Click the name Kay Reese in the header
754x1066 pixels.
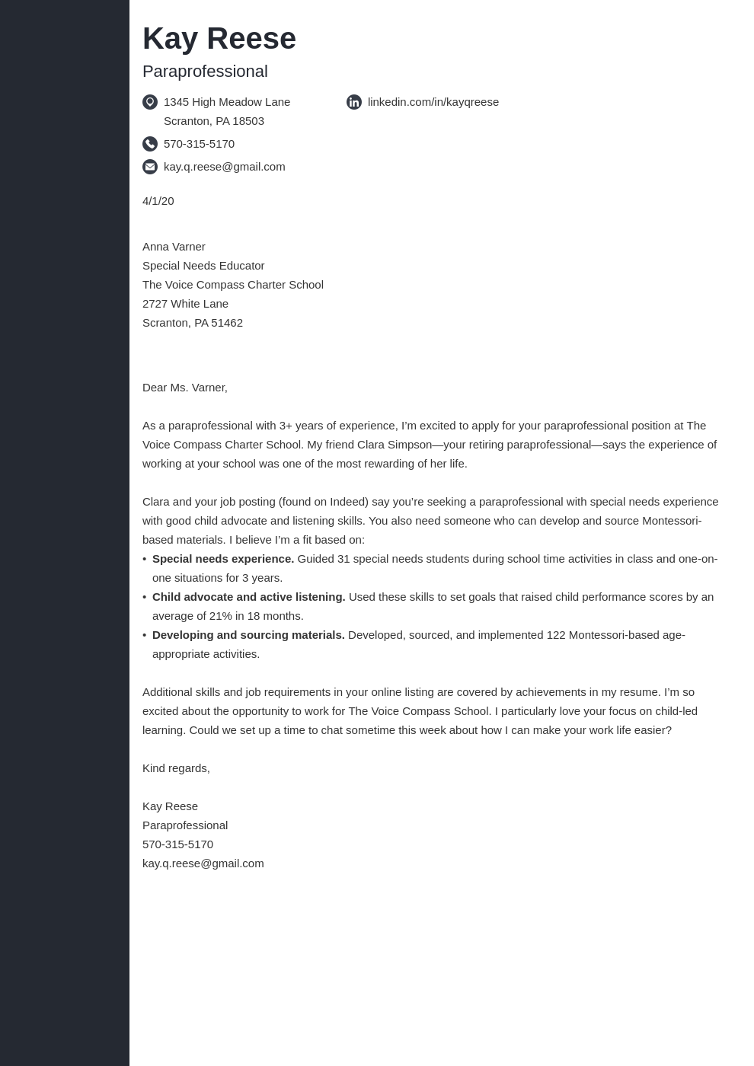[219, 39]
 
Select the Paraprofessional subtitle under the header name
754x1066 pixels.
[205, 72]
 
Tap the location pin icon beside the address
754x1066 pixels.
[150, 102]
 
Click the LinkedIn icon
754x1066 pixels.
[354, 102]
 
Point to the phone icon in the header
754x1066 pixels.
[150, 144]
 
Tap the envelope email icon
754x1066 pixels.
[150, 167]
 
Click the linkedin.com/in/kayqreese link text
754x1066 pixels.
[433, 102]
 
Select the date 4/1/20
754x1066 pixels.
[158, 201]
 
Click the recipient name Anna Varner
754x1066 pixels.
[174, 247]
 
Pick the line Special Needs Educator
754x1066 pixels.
[203, 266]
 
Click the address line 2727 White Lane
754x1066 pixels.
[185, 304]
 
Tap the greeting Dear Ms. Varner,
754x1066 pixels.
[184, 388]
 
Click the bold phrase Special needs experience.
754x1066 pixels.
[222, 559]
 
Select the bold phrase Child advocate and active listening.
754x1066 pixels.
[248, 597]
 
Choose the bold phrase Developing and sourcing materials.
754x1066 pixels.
[248, 635]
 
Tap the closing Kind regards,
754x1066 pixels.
[176, 768]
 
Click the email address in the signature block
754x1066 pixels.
[203, 863]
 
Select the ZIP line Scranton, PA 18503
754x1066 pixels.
[213, 121]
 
